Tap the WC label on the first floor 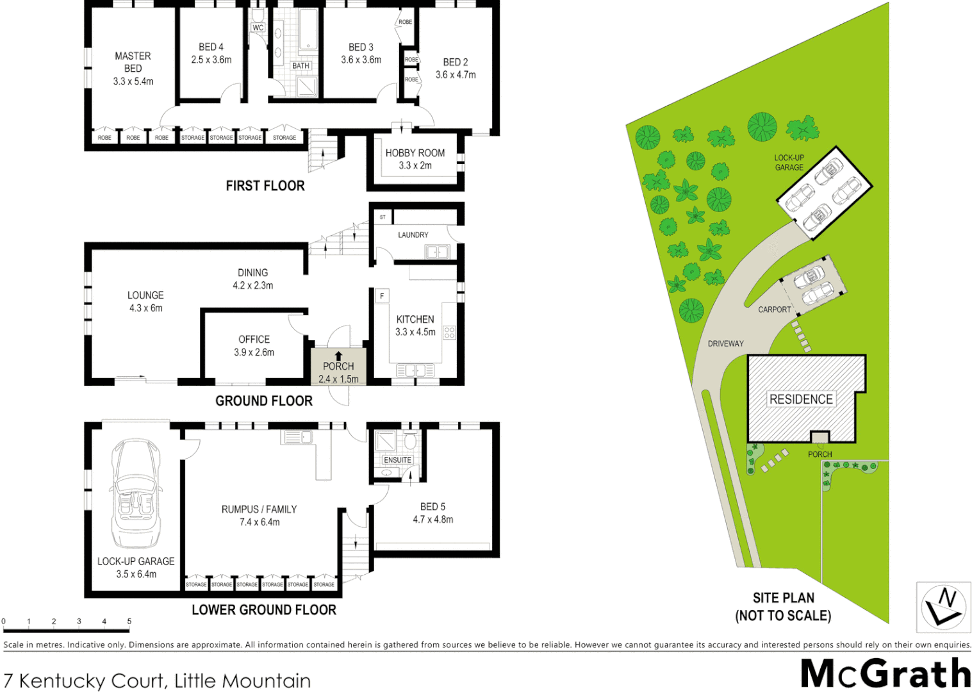pyautogui.click(x=258, y=28)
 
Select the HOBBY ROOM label pyautogui.click(x=415, y=153)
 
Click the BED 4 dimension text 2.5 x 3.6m pyautogui.click(x=211, y=60)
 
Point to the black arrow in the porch pyautogui.click(x=338, y=356)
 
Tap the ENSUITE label pyautogui.click(x=397, y=460)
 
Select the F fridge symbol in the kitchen pyautogui.click(x=382, y=296)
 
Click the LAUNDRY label pyautogui.click(x=413, y=235)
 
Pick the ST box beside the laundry pyautogui.click(x=383, y=217)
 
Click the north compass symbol pyautogui.click(x=943, y=606)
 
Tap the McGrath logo pyautogui.click(x=886, y=673)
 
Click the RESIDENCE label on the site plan pyautogui.click(x=801, y=399)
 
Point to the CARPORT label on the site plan pyautogui.click(x=774, y=309)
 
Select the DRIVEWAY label pyautogui.click(x=725, y=344)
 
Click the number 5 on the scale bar pyautogui.click(x=129, y=622)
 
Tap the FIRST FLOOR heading pyautogui.click(x=265, y=186)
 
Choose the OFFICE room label pyautogui.click(x=254, y=340)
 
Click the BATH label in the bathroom pyautogui.click(x=301, y=66)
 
